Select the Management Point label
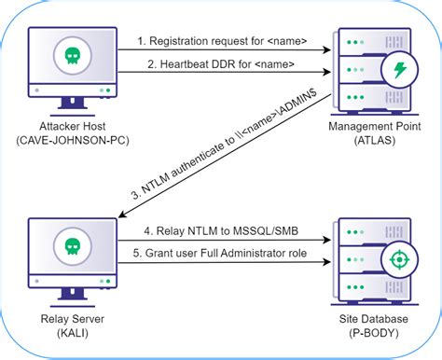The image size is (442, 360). [361, 127]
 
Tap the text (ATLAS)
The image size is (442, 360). [361, 142]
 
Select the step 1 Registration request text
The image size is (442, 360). [224, 41]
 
